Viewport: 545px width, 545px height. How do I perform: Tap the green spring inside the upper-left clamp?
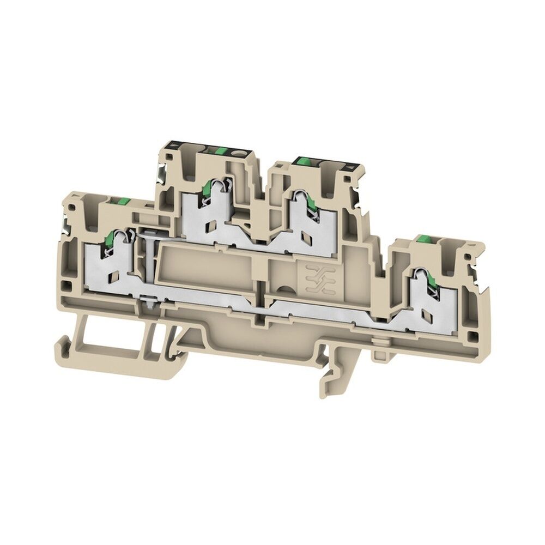point(207,190)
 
